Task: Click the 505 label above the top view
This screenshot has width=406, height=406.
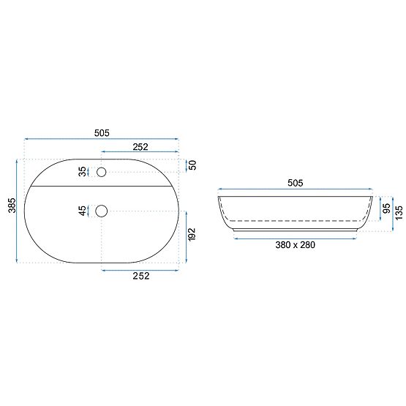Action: (x=102, y=132)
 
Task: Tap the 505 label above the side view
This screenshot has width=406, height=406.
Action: (x=295, y=183)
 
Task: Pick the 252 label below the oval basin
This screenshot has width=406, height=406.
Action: (x=140, y=276)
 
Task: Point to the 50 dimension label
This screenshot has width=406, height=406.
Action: (x=192, y=165)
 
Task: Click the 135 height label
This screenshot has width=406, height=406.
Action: (x=399, y=212)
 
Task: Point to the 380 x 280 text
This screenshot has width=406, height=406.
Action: (x=296, y=245)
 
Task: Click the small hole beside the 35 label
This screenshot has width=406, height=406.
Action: (x=101, y=173)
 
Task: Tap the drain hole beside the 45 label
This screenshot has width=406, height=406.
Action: (x=101, y=211)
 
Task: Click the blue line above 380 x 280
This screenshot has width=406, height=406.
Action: (x=296, y=238)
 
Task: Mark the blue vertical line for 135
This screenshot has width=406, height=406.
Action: (x=392, y=213)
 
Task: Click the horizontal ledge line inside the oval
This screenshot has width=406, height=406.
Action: (x=102, y=187)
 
